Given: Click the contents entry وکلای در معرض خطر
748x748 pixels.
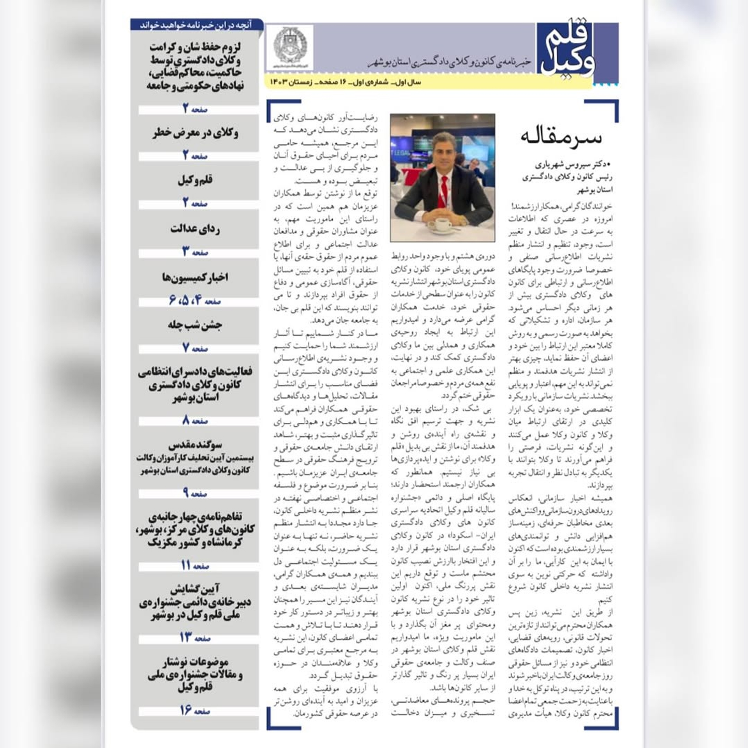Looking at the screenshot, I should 195,133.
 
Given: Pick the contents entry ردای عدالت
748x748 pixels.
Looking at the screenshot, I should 195,229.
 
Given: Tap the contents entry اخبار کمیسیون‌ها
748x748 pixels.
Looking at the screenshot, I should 195,277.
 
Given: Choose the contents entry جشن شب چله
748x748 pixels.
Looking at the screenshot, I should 195,325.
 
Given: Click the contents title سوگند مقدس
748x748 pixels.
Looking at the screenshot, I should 195,445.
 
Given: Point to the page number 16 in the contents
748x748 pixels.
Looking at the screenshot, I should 186,710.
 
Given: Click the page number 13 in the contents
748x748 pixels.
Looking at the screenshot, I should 185,637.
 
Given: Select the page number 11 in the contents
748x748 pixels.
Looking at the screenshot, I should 186,565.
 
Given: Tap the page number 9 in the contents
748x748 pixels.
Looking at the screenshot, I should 186,493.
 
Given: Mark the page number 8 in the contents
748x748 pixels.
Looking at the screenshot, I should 186,420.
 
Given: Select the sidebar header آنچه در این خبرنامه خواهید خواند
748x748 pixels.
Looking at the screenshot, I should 196,25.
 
